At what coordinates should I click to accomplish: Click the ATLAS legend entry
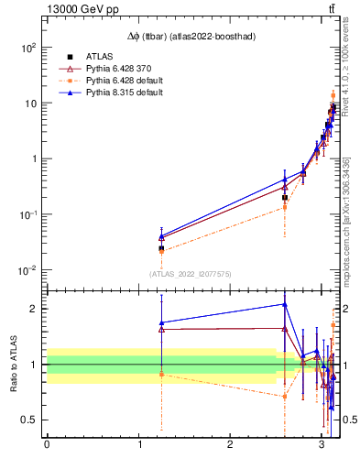(x=100, y=57)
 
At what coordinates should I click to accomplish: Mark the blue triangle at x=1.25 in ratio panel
(x=161, y=322)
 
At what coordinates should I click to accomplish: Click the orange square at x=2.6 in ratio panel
(x=285, y=397)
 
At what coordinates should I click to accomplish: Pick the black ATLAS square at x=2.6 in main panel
(x=285, y=197)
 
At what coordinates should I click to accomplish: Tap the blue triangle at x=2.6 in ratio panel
(x=285, y=304)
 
